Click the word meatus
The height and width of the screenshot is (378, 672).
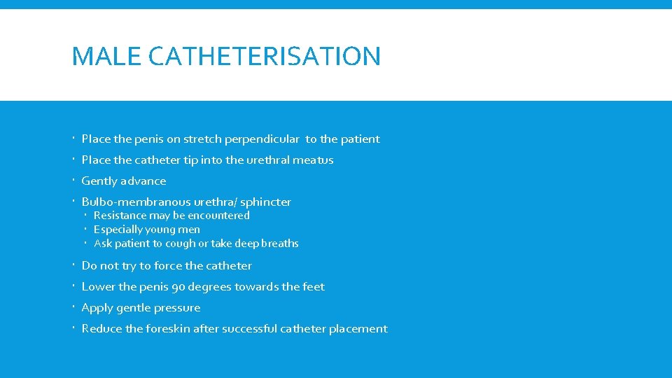[313, 160]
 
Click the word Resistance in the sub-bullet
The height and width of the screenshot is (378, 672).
[120, 216]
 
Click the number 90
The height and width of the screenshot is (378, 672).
[178, 287]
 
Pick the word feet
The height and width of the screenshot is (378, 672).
[313, 287]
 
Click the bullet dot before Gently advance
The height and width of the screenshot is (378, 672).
[73, 181]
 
